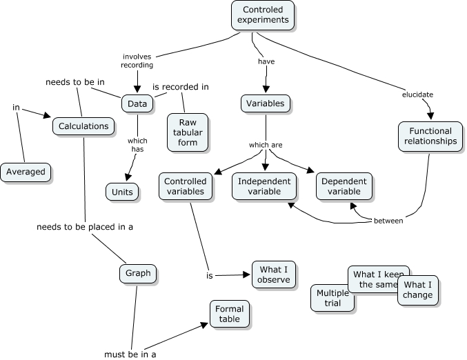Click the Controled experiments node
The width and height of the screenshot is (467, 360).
click(x=263, y=14)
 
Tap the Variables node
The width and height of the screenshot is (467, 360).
click(x=266, y=103)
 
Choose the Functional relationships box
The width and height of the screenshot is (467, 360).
click(x=430, y=136)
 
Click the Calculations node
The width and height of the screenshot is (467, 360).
click(x=83, y=126)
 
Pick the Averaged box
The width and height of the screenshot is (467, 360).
click(x=26, y=172)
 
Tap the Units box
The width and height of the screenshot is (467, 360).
click(x=123, y=191)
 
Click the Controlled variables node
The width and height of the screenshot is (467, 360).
click(x=185, y=186)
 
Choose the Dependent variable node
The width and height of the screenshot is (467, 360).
click(x=344, y=186)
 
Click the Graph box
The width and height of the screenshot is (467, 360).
click(x=138, y=273)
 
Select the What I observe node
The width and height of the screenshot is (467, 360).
click(x=275, y=274)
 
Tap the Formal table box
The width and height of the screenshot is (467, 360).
click(x=229, y=314)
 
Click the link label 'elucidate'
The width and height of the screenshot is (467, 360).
click(x=418, y=94)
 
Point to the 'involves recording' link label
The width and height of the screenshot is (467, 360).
click(x=137, y=61)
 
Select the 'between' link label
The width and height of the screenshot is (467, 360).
click(x=388, y=221)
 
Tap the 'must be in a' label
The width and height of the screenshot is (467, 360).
click(x=130, y=354)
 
